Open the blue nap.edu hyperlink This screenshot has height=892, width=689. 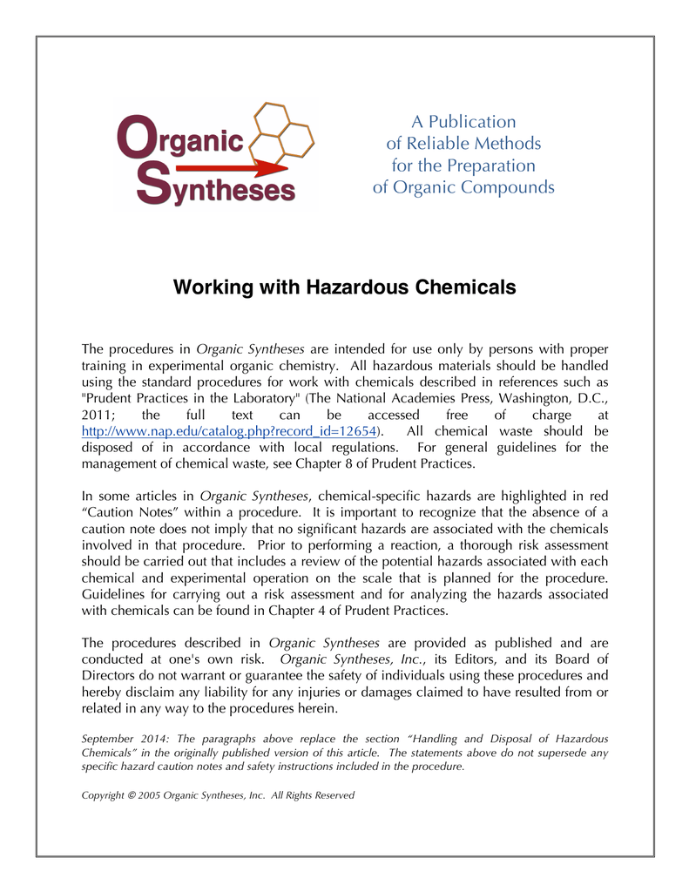(229, 431)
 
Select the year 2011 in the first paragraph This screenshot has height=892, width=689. (98, 415)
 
